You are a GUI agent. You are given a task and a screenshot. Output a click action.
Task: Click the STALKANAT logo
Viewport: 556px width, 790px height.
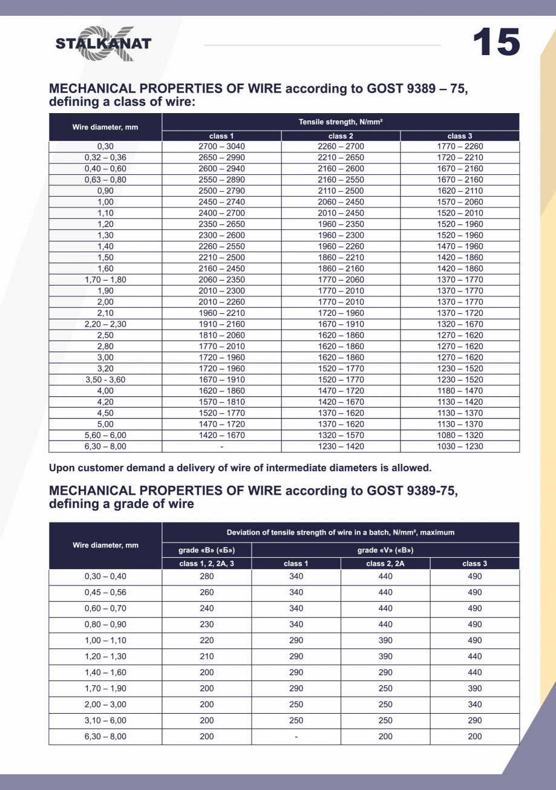103,44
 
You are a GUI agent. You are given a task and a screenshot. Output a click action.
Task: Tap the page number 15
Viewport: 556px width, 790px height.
495,42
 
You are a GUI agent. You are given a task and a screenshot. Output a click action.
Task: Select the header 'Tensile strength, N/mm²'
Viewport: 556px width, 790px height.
341,122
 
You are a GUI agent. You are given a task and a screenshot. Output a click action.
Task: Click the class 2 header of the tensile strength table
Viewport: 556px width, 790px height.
341,136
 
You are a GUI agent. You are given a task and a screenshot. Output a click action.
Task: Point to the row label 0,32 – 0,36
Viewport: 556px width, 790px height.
105,158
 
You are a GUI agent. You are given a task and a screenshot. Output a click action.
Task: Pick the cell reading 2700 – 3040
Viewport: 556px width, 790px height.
221,146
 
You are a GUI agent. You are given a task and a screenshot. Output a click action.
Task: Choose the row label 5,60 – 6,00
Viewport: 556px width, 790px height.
105,436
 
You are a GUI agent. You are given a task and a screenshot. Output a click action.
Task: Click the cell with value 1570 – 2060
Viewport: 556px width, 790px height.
460,202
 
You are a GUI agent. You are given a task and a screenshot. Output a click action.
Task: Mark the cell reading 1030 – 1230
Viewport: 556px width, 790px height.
460,446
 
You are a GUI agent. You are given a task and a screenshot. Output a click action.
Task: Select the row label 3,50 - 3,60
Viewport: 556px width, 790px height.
105,380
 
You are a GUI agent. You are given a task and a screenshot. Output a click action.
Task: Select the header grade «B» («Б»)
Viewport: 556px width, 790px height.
207,550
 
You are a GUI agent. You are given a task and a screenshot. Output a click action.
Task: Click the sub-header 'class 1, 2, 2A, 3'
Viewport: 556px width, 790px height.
207,564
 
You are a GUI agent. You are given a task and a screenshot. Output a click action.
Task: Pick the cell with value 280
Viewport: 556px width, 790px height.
207,576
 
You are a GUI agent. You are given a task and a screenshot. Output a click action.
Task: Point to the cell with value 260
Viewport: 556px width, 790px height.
207,593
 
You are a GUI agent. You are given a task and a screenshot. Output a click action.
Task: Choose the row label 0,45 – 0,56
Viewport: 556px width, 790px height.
105,593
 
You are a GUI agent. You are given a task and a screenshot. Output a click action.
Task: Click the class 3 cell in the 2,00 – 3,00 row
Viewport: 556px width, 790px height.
475,705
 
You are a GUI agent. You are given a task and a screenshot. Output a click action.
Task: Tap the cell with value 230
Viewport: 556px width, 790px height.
207,625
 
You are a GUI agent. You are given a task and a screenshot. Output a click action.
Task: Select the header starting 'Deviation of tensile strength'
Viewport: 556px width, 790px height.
341,532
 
